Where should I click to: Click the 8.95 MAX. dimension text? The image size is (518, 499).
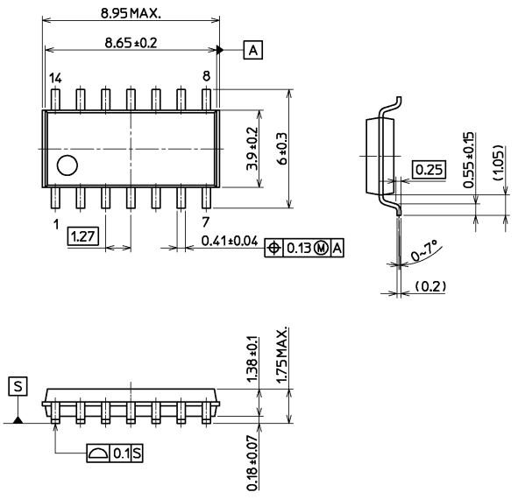coord(131,13)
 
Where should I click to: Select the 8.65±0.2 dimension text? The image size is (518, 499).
coord(131,43)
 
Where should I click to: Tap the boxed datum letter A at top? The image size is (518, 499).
coord(253,50)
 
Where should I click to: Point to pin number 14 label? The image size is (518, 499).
coord(55,79)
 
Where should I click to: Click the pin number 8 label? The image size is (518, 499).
coord(206,76)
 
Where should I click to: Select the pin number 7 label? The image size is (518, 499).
coord(206,222)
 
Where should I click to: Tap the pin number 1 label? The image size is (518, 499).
coord(56,224)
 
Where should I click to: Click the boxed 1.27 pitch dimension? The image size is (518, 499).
coord(83,236)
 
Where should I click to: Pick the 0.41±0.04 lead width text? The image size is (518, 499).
coord(230,241)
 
